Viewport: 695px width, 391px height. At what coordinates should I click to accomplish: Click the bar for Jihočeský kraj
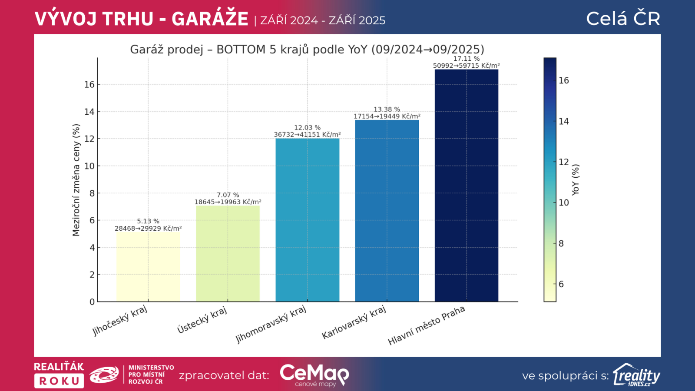tap(148, 266)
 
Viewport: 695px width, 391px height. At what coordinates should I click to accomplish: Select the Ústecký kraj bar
tap(228, 253)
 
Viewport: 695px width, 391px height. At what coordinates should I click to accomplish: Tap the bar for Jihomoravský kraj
tap(308, 220)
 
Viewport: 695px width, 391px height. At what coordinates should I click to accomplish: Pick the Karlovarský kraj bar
tap(387, 211)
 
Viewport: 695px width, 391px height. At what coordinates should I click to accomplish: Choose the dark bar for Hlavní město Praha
tap(467, 185)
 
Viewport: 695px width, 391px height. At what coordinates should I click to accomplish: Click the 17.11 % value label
tap(467, 59)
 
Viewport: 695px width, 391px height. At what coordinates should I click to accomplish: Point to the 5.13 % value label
tap(148, 221)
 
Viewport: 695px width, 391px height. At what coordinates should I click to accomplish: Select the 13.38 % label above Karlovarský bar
tap(387, 109)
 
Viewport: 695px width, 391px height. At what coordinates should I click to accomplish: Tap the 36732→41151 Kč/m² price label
tap(308, 135)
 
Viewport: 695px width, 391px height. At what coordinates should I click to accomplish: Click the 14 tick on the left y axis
tap(89, 112)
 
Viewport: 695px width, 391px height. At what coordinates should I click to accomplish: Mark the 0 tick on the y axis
tap(92, 302)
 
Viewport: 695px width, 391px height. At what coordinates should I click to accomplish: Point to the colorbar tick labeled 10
tap(564, 202)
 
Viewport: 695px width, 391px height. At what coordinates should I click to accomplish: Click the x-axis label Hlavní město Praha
tap(427, 325)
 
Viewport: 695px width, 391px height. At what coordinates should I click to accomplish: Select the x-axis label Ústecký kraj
tap(202, 320)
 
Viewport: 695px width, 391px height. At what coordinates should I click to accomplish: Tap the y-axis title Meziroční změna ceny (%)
tap(76, 180)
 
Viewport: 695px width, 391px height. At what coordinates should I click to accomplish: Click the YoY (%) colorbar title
tap(576, 180)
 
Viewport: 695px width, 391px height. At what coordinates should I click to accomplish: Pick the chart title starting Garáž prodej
tap(307, 50)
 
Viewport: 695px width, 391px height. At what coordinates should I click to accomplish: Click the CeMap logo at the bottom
tap(314, 375)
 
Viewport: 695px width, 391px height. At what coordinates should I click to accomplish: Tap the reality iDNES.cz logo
tap(636, 375)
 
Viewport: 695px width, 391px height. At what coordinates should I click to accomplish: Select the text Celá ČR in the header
tap(623, 19)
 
